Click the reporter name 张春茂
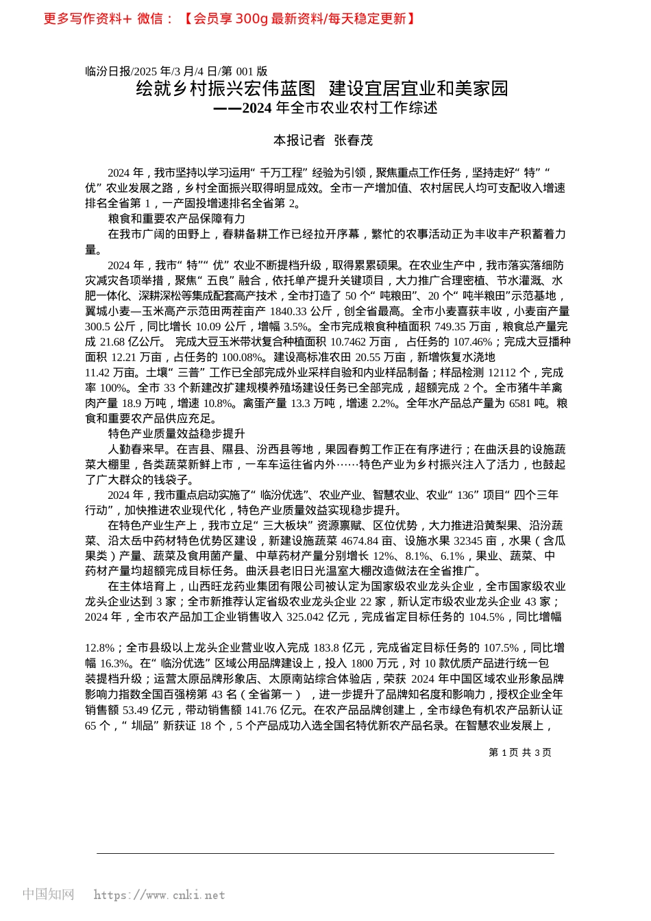[x=353, y=140]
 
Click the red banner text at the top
[x=230, y=19]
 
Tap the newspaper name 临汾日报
[x=108, y=71]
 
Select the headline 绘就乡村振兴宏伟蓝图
[x=226, y=88]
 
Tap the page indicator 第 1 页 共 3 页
[x=519, y=752]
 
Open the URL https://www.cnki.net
[x=159, y=895]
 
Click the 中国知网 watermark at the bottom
[x=48, y=894]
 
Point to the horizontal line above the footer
[x=325, y=853]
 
